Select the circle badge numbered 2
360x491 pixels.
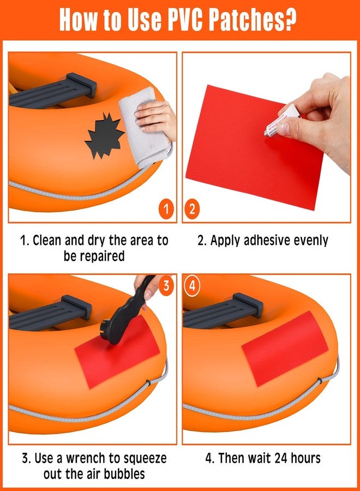click(x=192, y=209)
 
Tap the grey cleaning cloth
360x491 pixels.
click(x=146, y=133)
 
